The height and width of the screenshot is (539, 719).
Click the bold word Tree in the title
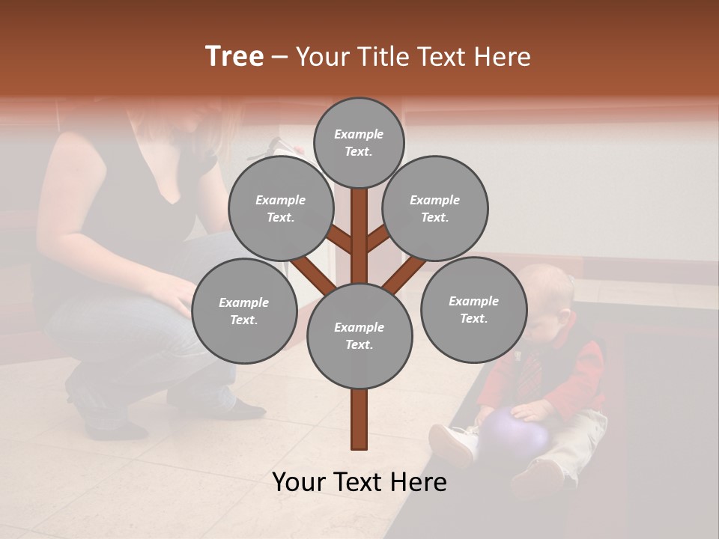pos(234,56)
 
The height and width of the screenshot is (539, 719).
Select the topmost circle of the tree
pos(359,142)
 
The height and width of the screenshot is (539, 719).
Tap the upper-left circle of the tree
pos(280,208)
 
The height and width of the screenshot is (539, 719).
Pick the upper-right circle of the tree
pos(434,208)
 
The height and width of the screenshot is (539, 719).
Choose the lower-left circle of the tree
pos(243,311)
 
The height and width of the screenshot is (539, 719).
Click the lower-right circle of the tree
pos(473,309)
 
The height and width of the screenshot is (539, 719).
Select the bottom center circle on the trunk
pos(359,336)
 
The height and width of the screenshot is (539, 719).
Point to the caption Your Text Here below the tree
pos(359,481)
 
